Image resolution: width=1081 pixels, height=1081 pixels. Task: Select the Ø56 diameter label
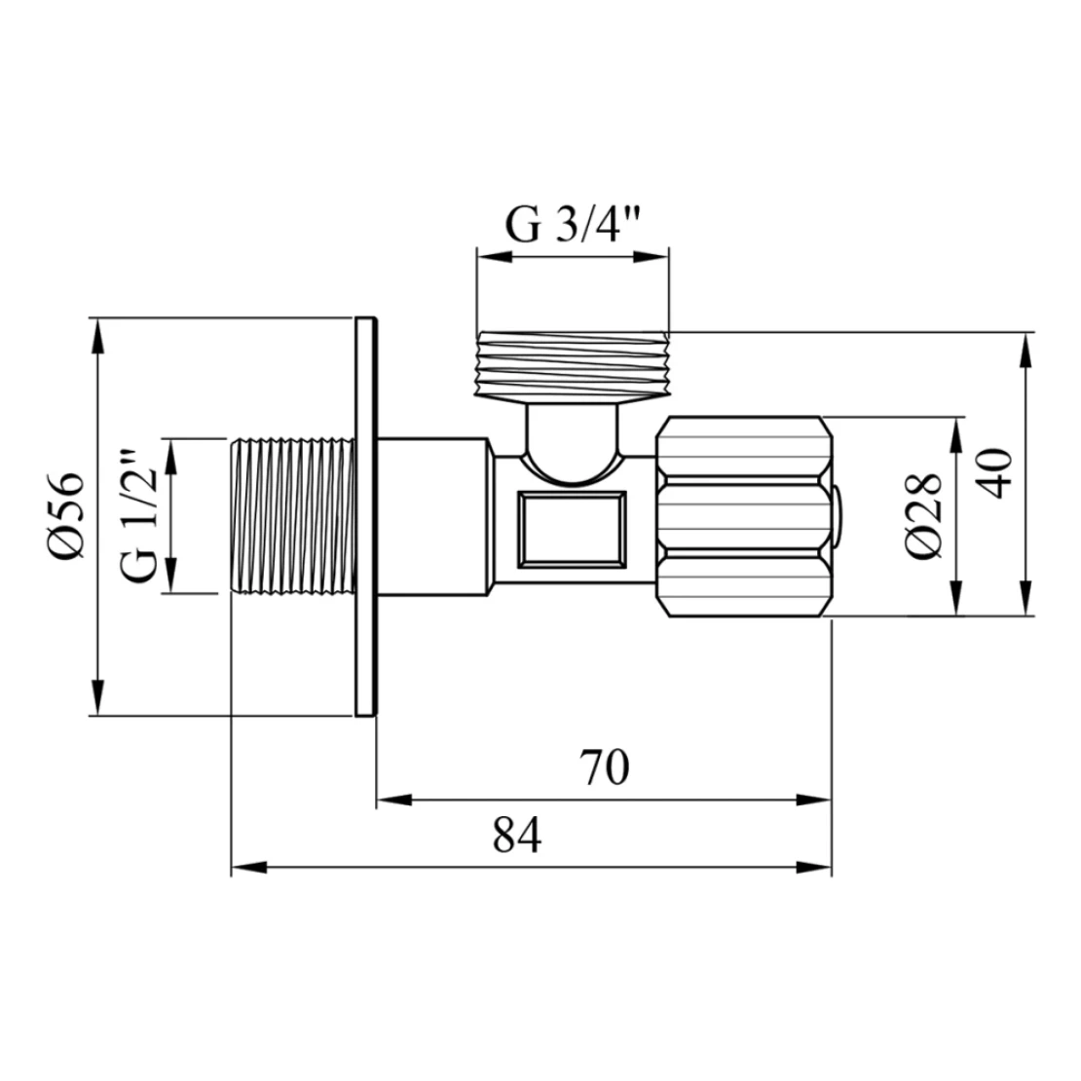(66, 516)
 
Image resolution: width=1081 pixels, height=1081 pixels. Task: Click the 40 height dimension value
(995, 473)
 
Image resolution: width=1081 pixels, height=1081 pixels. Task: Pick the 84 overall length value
(517, 836)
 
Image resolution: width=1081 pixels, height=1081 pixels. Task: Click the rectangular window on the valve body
(573, 530)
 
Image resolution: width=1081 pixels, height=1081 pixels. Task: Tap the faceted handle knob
(743, 516)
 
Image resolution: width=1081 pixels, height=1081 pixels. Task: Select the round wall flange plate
(366, 516)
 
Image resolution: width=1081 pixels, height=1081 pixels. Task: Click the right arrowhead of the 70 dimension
(813, 800)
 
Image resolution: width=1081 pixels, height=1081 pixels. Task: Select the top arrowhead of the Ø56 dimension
(98, 337)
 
